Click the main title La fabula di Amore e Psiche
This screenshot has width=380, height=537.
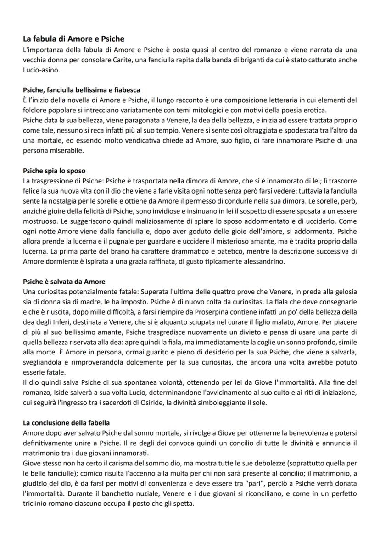pyautogui.click(x=73, y=39)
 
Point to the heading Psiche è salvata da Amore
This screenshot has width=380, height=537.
pyautogui.click(x=64, y=282)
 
